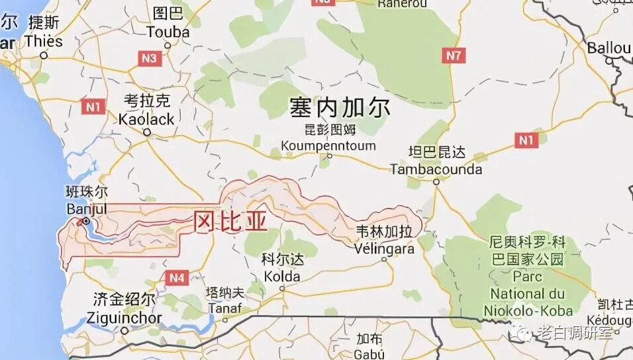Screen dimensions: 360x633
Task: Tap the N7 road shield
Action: tap(453, 56)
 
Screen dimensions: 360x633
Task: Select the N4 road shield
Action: tap(176, 279)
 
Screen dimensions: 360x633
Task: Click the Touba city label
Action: tap(168, 32)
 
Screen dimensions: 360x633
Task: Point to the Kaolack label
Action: tap(146, 120)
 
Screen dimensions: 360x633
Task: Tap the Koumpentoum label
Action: tap(328, 146)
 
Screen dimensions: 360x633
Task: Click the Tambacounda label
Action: tap(436, 169)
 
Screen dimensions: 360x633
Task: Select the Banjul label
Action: tap(86, 209)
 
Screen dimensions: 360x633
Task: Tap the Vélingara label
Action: tap(384, 249)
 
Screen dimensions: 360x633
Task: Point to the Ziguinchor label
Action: tap(124, 318)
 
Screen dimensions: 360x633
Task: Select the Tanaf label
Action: tap(224, 308)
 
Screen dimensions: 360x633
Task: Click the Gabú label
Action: tap(369, 351)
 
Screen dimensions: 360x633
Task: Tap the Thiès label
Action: tap(44, 41)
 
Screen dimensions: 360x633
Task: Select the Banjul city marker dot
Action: tap(86, 221)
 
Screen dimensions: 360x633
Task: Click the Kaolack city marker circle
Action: tap(147, 132)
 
